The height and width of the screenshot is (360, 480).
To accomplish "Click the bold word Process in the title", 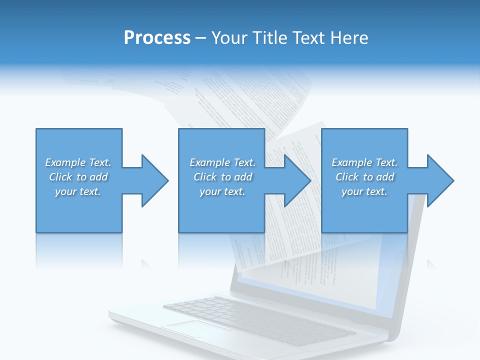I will point(157,38).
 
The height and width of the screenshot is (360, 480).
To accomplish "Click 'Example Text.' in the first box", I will point(78,162).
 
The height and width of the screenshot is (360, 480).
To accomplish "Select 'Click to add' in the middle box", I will point(222,177).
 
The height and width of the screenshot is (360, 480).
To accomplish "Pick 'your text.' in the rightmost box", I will point(364,191).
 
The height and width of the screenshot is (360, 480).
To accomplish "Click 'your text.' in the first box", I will point(78,191).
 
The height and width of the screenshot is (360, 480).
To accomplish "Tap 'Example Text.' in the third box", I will point(364,162).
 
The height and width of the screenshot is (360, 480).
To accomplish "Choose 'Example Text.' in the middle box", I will point(222,162).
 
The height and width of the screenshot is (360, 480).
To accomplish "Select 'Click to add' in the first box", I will point(78,177).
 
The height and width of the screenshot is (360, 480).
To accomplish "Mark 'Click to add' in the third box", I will point(364,177).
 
